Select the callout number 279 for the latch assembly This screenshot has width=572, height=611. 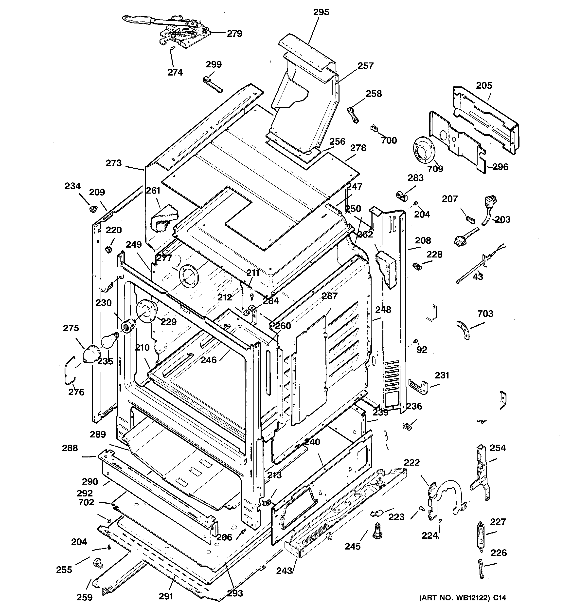234,34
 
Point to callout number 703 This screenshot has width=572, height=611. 485,314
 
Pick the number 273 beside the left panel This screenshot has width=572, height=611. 114,163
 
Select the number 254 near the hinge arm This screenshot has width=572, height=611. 497,448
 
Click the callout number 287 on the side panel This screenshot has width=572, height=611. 329,296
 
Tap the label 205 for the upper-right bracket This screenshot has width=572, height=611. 484,85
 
